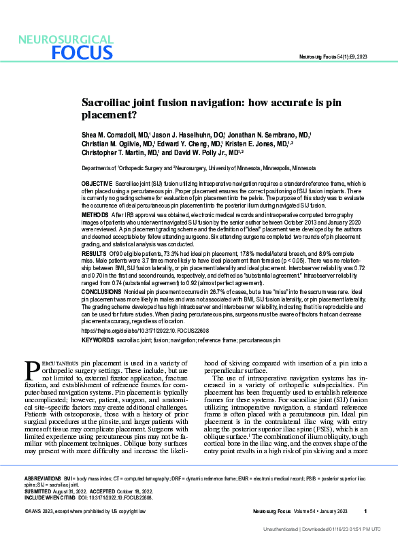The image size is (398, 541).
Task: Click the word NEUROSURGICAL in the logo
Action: tap(65, 39)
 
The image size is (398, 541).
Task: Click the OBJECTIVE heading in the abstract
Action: tap(97, 184)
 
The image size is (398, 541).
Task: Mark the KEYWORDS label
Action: tap(97, 338)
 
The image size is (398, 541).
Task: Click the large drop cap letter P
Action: tap(32, 370)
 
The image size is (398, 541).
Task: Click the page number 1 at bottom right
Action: tap(365, 511)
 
